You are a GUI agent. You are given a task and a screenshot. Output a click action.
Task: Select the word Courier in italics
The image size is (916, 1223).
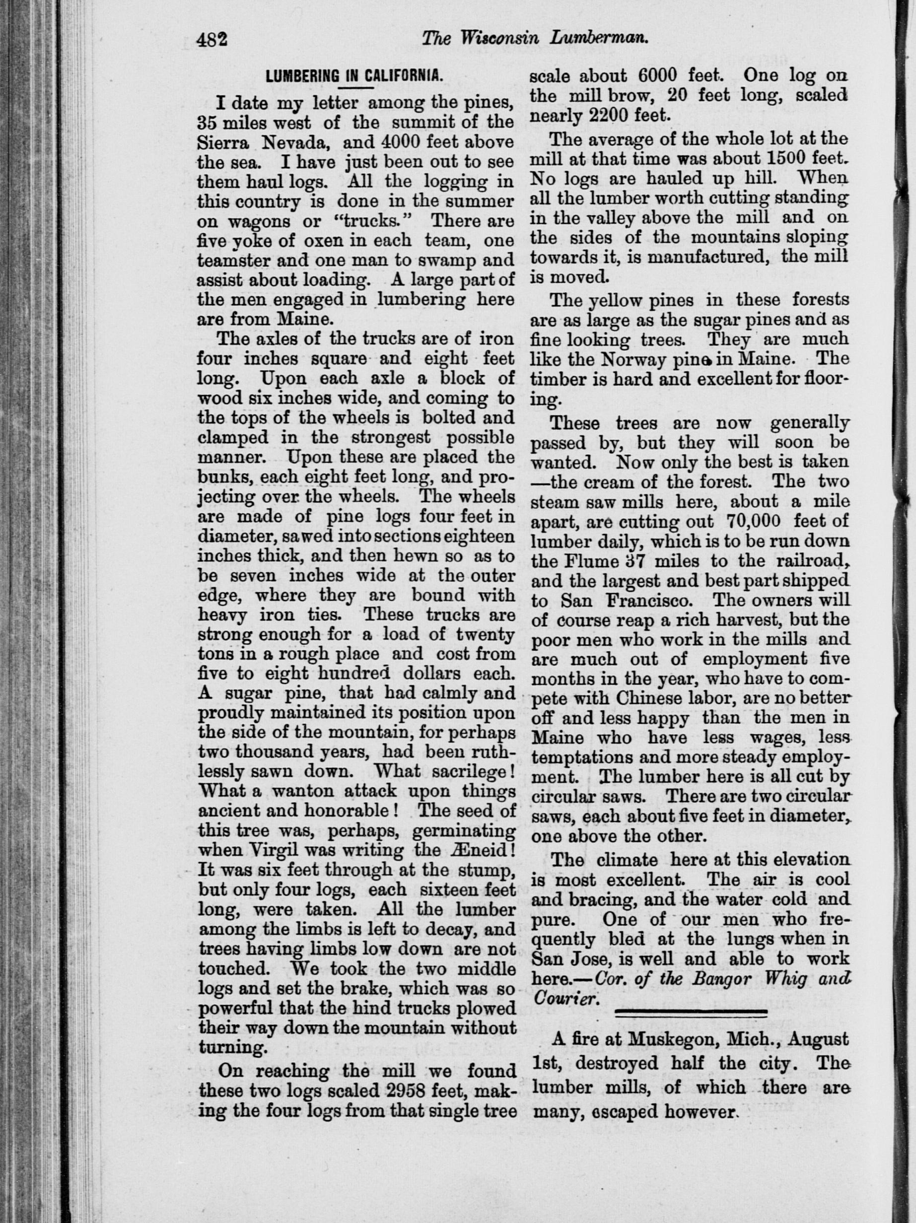565,999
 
